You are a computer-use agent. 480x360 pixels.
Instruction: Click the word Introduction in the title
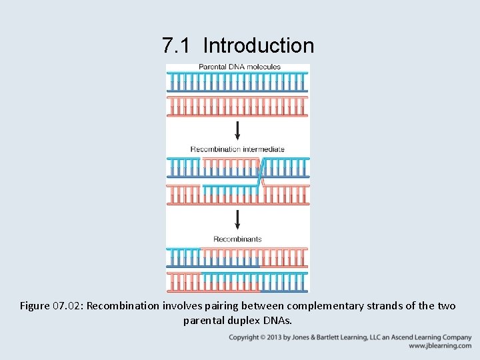coord(258,45)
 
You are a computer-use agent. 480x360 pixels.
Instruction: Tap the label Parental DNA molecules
coord(239,67)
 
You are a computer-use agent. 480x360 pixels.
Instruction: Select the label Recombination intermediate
coord(237,149)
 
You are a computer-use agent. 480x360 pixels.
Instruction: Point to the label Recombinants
coord(237,239)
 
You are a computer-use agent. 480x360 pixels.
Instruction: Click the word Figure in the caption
coord(35,306)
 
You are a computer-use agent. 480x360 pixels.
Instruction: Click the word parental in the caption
coord(203,321)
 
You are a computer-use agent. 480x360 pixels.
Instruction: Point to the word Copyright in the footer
coord(243,337)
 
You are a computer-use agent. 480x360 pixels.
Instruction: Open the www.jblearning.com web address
coord(440,346)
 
